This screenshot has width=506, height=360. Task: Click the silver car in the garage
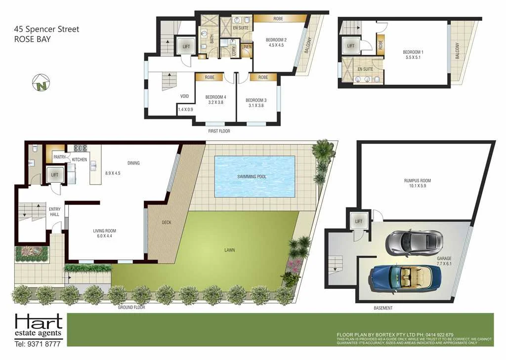(x=414, y=241)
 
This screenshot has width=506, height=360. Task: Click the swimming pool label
(x=255, y=176)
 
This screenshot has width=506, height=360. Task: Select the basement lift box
(x=358, y=222)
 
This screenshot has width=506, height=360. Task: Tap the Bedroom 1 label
(x=412, y=52)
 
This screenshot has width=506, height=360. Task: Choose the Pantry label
(x=59, y=157)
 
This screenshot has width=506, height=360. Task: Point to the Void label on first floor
(x=184, y=96)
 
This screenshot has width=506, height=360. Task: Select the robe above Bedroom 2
(x=278, y=19)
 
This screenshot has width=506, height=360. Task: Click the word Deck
(x=167, y=222)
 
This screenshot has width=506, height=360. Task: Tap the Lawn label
(x=229, y=250)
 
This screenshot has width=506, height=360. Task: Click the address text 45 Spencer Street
(x=46, y=29)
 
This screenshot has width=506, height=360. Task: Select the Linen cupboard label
(x=246, y=46)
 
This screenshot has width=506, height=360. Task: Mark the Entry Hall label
(x=55, y=212)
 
